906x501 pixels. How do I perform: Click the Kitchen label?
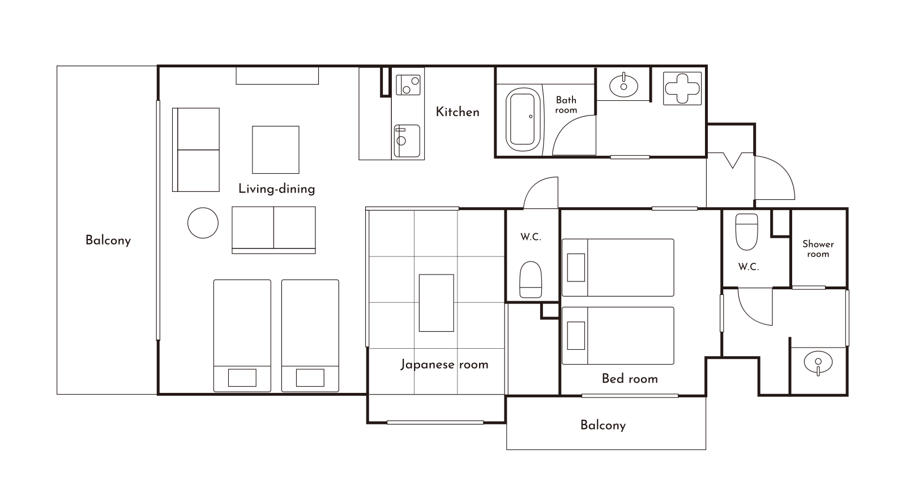pos(458,112)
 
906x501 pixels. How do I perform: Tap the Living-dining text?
pos(277,189)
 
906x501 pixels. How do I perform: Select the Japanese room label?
pos(445,365)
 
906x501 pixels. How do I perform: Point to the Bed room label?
pos(630,379)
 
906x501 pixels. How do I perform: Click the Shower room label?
pos(818,249)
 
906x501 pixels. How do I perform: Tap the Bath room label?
pos(566,105)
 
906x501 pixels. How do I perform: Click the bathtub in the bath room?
pos(523,119)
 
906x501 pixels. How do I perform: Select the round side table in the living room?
pos(203,223)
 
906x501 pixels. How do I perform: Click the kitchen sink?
pos(407,141)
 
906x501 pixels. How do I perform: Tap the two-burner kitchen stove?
pos(408,85)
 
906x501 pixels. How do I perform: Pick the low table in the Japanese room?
pos(436,303)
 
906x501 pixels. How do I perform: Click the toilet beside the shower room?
pos(746,232)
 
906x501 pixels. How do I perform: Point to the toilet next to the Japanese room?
pos(530,280)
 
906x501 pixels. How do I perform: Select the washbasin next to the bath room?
pos(623,85)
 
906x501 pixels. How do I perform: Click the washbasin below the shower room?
pos(818,363)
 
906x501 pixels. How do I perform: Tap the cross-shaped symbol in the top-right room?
pos(682,88)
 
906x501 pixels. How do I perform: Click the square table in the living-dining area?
pos(276,149)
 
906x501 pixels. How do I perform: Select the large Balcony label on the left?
pos(108,241)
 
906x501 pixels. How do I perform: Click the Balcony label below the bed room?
pos(603,425)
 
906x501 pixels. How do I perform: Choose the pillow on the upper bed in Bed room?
pos(576,268)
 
